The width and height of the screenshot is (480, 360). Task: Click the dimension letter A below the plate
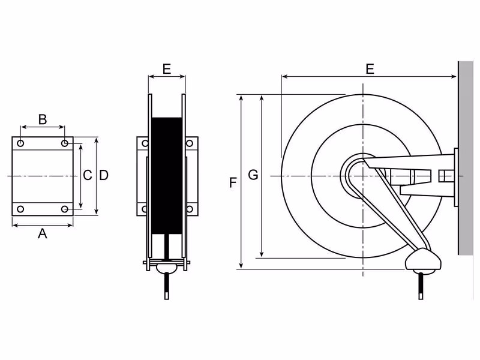42,234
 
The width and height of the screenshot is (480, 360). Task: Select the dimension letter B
43,119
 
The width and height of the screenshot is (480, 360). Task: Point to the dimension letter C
87,175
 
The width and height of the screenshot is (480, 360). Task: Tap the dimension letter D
104,175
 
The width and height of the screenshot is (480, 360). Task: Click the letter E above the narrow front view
167,69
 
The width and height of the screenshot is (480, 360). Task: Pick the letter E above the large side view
370,69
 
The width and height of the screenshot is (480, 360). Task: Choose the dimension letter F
233,183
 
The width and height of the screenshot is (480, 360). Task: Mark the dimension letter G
253,175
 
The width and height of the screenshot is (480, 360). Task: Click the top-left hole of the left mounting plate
20,143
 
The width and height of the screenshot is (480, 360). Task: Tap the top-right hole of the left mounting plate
65,143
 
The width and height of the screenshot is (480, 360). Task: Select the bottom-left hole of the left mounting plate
20,209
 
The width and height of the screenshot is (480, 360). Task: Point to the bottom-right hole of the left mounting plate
65,209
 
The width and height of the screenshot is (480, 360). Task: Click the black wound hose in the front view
167,176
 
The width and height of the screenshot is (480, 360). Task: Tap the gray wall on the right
466,158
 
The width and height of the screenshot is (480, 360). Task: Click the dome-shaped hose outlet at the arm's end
423,260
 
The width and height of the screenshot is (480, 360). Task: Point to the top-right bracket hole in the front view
190,143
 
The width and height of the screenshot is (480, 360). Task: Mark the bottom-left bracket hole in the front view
145,209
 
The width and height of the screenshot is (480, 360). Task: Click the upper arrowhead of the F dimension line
242,98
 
